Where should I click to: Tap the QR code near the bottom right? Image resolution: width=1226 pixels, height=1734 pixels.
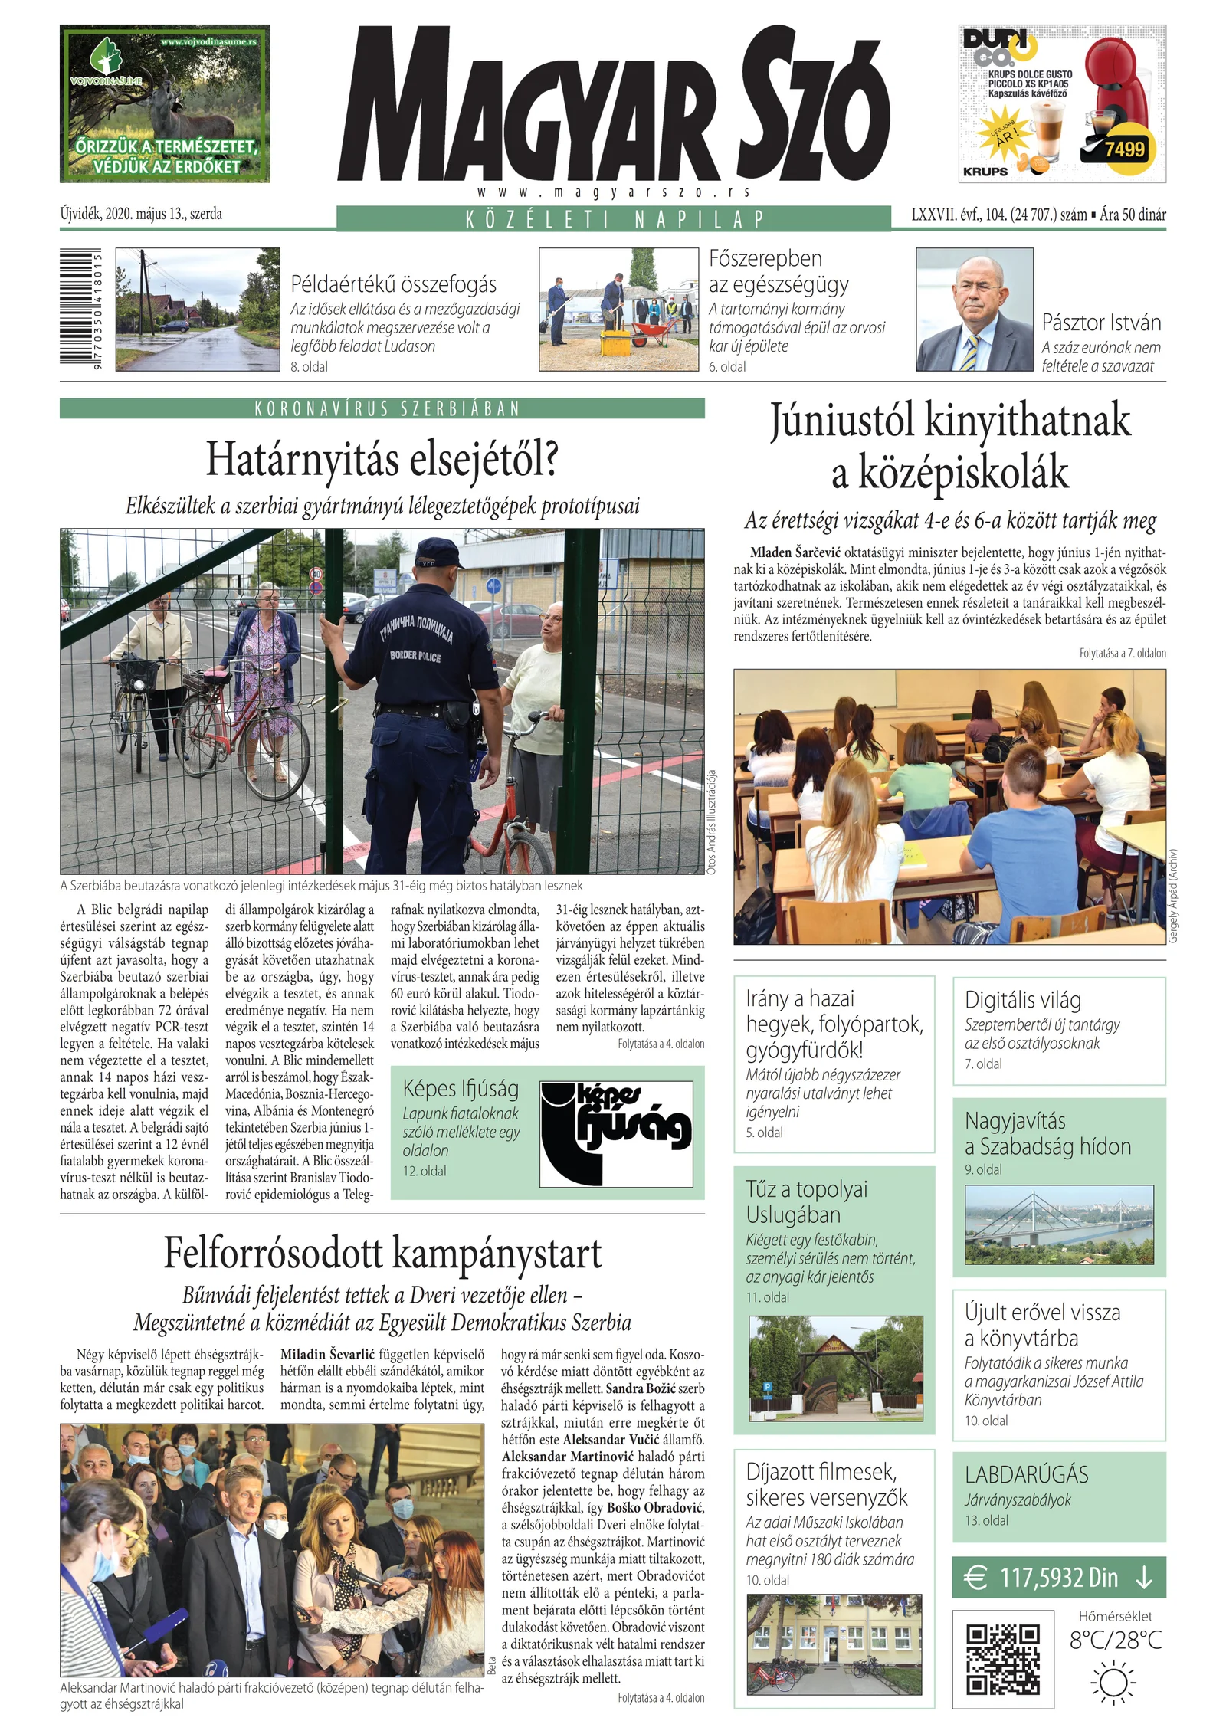pos(1002,1659)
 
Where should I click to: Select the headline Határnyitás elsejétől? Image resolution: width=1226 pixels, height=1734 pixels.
pos(382,461)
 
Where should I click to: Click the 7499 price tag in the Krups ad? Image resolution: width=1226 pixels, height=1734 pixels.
pos(1123,149)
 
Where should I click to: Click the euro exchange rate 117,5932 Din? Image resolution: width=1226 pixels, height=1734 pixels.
pos(1058,1578)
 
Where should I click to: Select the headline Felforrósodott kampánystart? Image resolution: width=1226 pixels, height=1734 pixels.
pos(382,1254)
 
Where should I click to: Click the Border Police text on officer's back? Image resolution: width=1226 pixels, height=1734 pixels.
pos(415,656)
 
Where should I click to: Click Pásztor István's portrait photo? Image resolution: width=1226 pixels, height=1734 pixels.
pos(974,310)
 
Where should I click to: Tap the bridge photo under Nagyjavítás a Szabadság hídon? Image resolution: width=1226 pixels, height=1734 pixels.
pos(1058,1224)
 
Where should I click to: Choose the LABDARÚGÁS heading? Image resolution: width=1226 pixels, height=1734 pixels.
pos(1026,1474)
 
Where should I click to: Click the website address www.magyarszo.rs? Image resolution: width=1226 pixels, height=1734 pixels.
pos(613,192)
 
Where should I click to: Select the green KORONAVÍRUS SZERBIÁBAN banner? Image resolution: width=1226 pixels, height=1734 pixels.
pos(382,408)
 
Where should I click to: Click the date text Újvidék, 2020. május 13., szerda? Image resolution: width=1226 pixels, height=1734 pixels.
pos(141,215)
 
